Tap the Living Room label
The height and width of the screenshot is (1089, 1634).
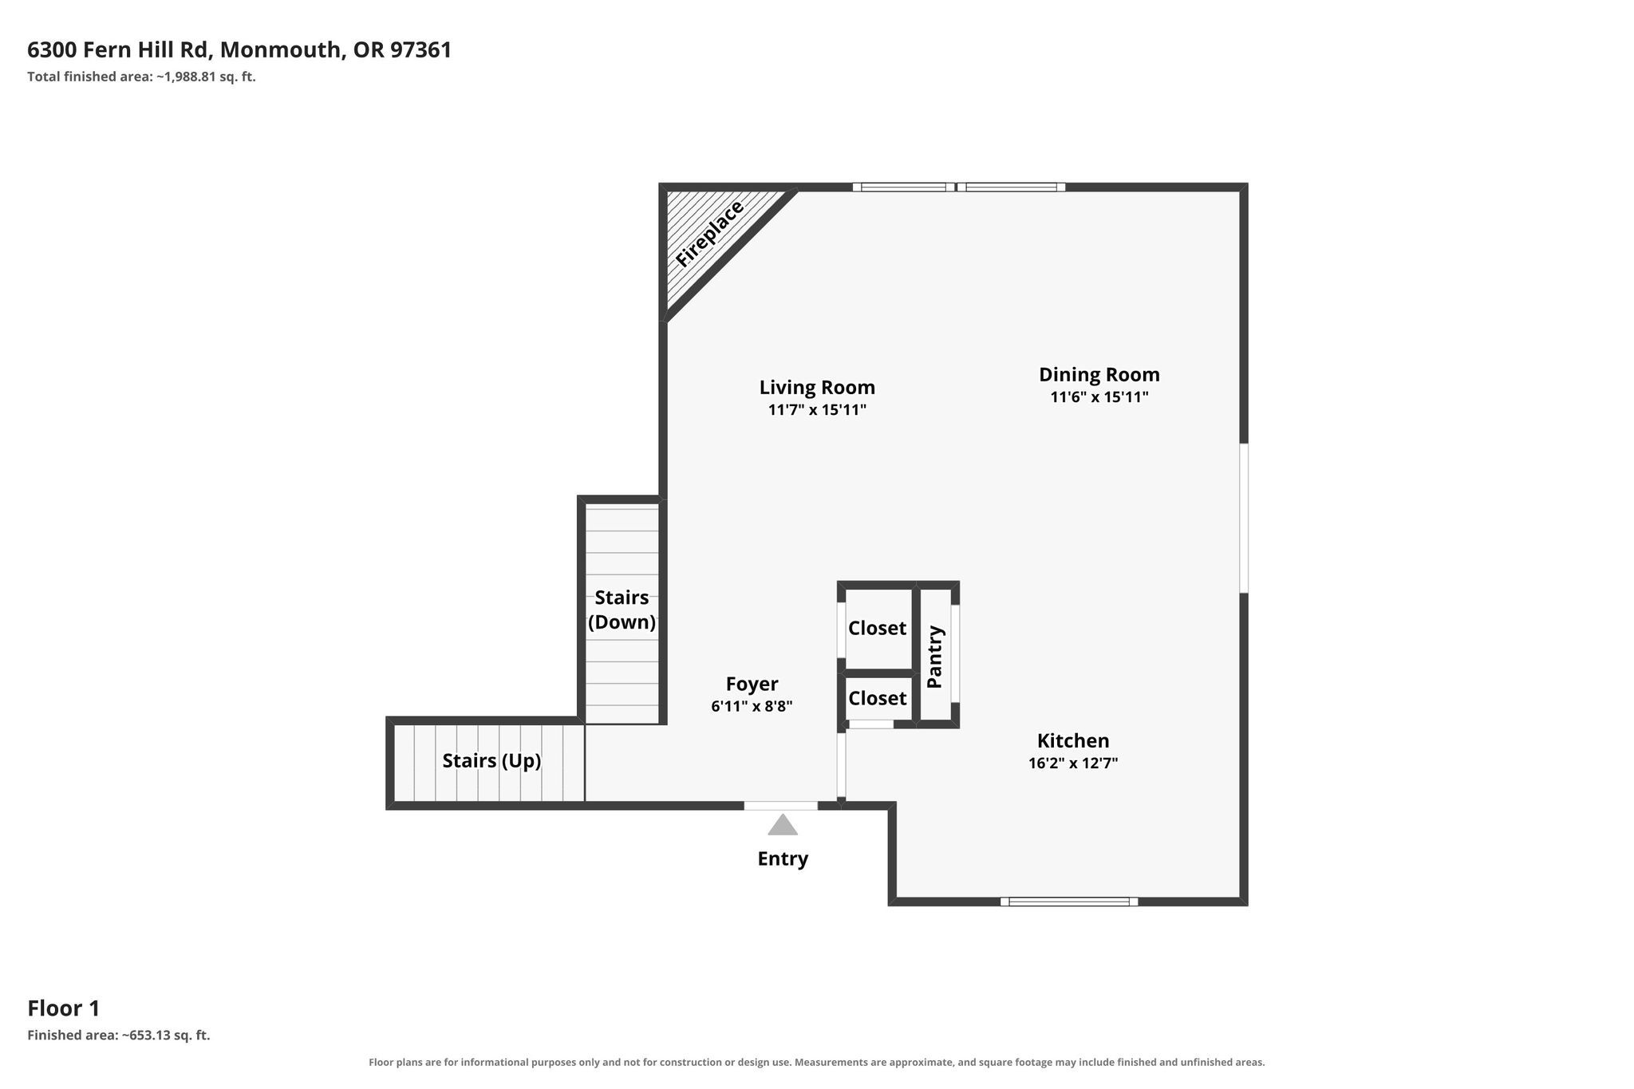tap(817, 388)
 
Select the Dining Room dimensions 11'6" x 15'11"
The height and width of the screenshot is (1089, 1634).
tap(1099, 397)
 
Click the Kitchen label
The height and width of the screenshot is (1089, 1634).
tap(1073, 740)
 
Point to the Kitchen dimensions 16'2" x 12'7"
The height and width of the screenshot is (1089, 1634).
tap(1073, 763)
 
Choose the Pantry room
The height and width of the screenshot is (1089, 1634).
tap(935, 656)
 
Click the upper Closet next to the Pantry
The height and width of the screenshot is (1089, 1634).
tap(878, 629)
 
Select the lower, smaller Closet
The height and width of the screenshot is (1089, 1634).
tap(878, 698)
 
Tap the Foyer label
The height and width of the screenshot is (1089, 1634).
tap(752, 684)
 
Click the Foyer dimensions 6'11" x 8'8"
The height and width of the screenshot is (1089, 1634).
tap(752, 706)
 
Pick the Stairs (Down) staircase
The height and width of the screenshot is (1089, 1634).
tap(622, 613)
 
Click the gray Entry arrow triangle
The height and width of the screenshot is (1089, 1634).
tap(783, 825)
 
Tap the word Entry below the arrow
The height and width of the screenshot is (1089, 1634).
tap(783, 858)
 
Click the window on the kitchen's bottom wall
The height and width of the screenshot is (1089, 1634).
tap(1069, 902)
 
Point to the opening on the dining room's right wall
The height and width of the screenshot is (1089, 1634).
tap(1243, 518)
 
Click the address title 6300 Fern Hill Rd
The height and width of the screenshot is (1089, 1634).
tap(119, 50)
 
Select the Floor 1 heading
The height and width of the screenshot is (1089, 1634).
tap(64, 1008)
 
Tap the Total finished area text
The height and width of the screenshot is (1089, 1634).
tap(141, 77)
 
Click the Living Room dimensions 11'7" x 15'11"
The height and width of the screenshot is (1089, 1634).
tap(817, 410)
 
